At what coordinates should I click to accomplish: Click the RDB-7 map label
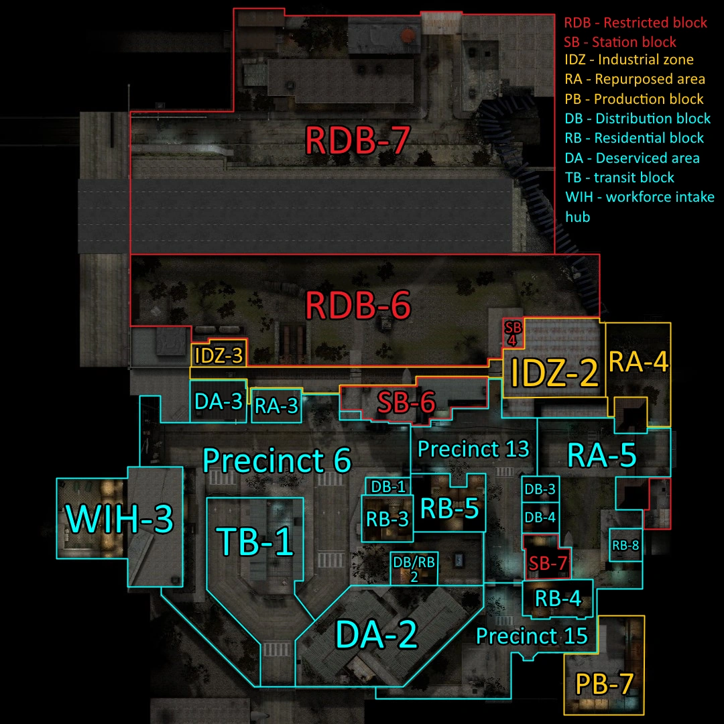[x=357, y=141]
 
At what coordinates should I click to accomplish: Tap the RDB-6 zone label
[x=357, y=306]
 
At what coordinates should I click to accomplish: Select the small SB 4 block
[x=513, y=333]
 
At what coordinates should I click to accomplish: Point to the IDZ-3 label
[x=218, y=355]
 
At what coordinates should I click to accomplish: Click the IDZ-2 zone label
[x=554, y=374]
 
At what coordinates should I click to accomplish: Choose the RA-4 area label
[x=638, y=362]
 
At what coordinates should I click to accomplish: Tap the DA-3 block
[x=218, y=402]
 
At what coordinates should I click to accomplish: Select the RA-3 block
[x=276, y=407]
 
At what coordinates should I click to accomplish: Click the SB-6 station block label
[x=406, y=403]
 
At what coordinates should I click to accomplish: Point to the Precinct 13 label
[x=473, y=448]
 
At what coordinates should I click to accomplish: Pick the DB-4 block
[x=540, y=518]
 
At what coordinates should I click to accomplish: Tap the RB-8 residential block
[x=625, y=546]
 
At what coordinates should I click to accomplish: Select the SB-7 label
[x=548, y=564]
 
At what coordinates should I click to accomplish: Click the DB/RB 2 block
[x=414, y=568]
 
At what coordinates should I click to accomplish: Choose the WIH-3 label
[x=119, y=519]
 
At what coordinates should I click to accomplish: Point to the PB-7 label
[x=604, y=685]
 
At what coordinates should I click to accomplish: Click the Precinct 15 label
[x=532, y=635]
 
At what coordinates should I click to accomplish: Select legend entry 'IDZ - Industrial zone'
[x=629, y=60]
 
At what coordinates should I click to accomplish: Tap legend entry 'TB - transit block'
[x=619, y=178]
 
